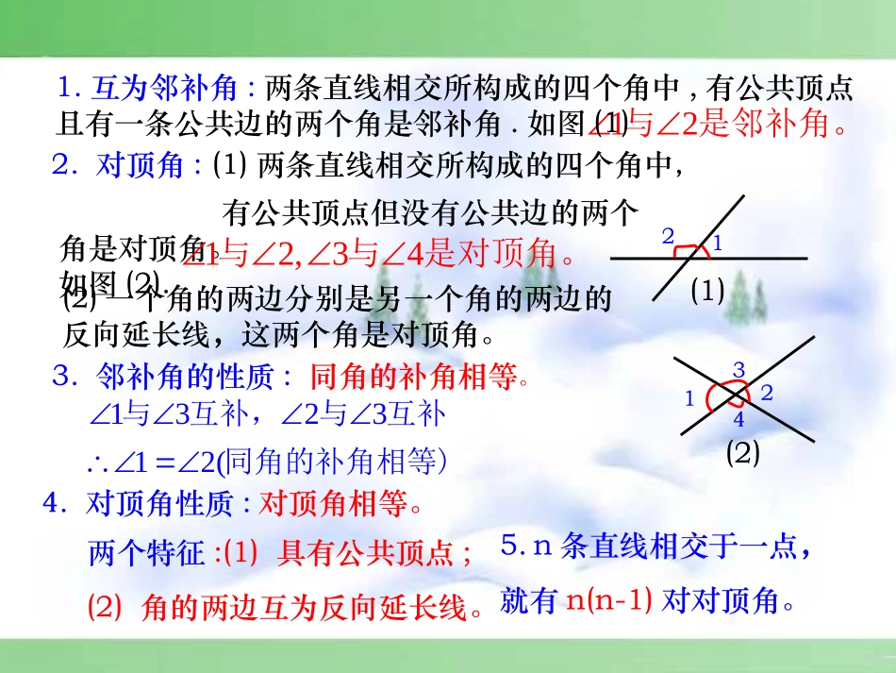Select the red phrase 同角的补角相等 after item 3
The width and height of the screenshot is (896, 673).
tap(414, 379)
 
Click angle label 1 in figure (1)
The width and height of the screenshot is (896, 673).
tap(717, 244)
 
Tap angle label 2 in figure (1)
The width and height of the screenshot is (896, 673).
tap(668, 236)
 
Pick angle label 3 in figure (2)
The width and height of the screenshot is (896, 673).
tap(739, 369)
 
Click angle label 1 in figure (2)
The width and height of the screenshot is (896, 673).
tap(689, 398)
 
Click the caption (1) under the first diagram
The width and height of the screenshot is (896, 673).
tap(707, 292)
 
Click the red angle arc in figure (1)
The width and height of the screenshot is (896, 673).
tap(692, 251)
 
